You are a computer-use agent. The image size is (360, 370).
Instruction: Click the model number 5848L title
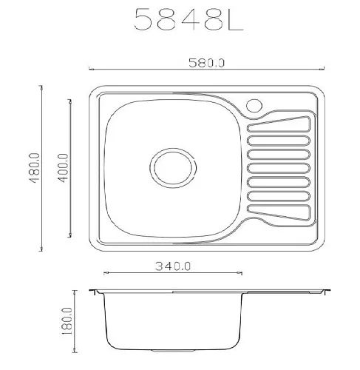(189, 19)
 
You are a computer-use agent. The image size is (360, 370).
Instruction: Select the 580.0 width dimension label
(206, 63)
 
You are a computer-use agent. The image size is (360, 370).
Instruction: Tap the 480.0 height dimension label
(35, 168)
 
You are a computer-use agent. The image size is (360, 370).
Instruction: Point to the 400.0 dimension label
(63, 168)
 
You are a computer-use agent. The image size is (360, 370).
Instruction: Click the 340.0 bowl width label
(173, 266)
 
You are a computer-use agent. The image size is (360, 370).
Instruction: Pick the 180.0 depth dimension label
(67, 321)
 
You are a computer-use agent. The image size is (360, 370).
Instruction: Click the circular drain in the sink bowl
(173, 168)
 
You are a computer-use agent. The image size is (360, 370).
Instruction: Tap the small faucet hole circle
(254, 106)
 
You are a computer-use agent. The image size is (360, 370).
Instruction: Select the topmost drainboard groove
(279, 124)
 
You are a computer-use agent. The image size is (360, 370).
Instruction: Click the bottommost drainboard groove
(279, 212)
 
